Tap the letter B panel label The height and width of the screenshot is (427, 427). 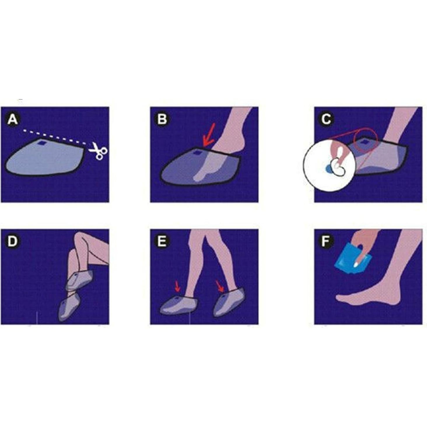(162, 120)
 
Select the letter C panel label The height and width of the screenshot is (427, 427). (326, 120)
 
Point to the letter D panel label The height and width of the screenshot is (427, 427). (13, 241)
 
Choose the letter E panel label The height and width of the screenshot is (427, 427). (162, 241)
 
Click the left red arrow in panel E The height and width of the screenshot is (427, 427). (177, 286)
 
